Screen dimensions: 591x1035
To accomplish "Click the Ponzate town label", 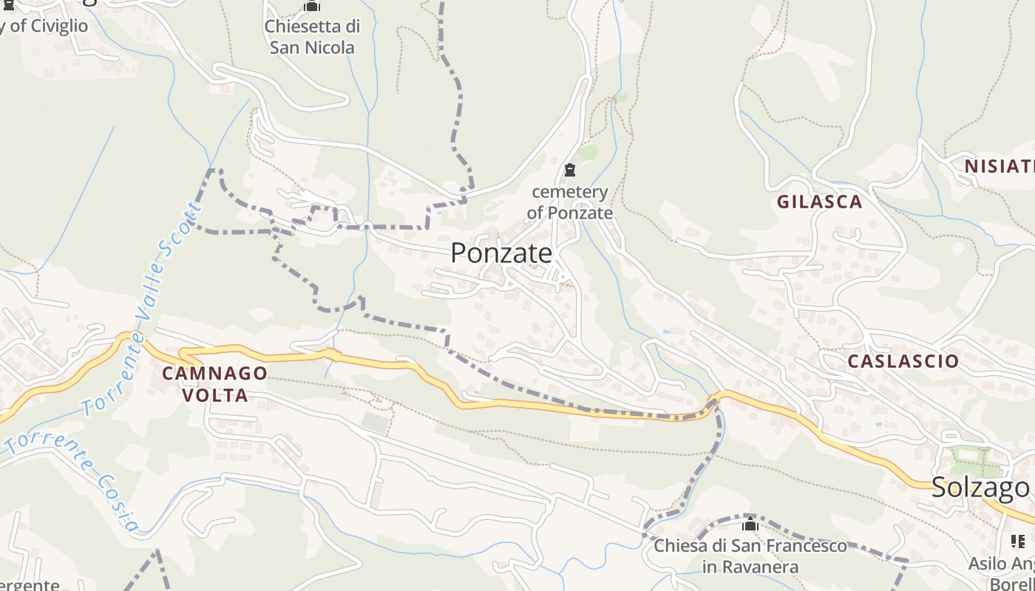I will click(501, 253).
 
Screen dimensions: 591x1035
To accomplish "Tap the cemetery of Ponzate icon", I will click(569, 171).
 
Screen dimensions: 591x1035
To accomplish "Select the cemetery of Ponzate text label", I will click(570, 202).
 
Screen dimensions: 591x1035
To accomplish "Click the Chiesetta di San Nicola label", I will click(312, 37).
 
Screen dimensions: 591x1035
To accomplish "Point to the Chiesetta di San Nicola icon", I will click(312, 7).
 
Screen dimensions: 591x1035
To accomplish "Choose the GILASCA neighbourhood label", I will click(819, 202).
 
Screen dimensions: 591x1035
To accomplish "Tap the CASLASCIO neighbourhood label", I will click(903, 361).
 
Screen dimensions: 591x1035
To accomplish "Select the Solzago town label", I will click(980, 488).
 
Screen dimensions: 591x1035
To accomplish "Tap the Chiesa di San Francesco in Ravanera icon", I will click(750, 525).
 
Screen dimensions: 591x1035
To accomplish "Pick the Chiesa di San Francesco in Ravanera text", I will click(750, 556).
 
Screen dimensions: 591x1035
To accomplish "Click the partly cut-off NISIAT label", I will click(999, 166).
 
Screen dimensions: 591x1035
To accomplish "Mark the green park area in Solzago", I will click(977, 462).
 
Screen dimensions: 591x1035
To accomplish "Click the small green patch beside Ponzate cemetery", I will click(588, 152).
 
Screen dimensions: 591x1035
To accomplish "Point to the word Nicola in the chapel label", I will click(332, 48).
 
